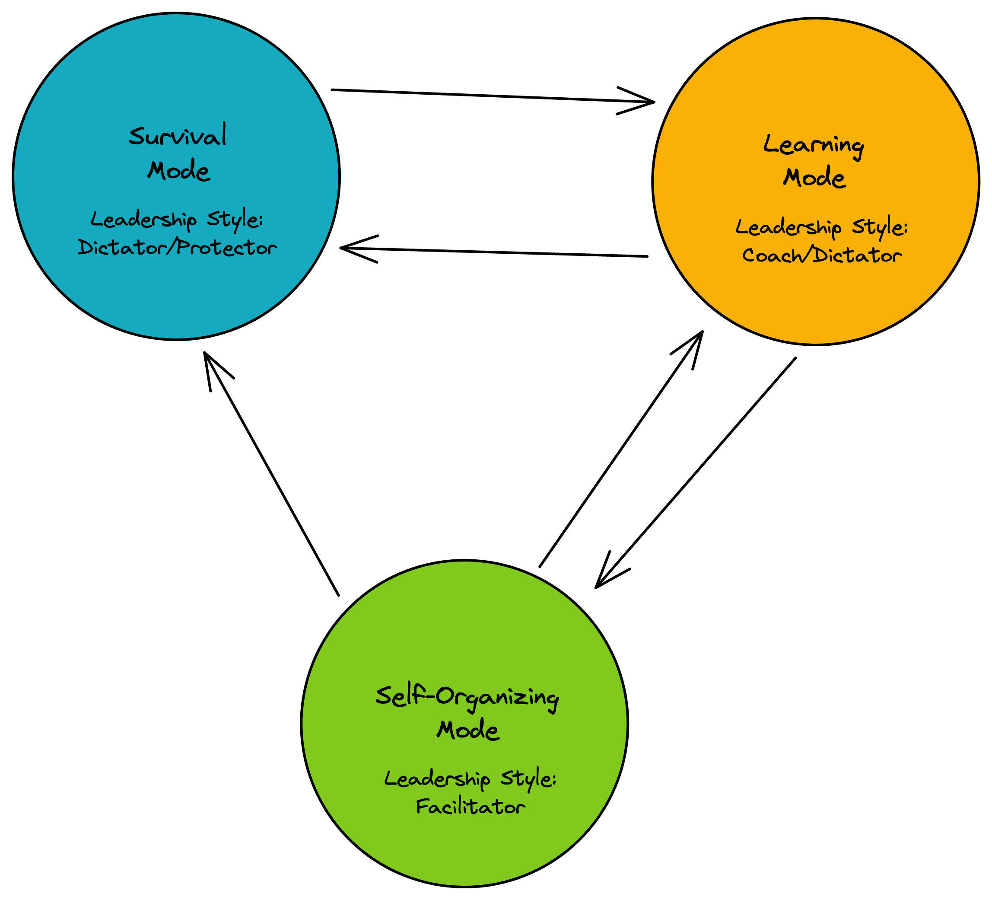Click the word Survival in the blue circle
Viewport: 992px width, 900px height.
178,135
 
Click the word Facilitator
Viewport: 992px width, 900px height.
471,807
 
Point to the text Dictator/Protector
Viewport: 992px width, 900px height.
177,247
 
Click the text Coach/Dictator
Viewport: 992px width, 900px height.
822,255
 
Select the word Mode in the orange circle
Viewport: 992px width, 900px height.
814,178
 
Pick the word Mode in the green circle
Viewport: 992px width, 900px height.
467,730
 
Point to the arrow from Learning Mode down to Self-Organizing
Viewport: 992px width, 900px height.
695,472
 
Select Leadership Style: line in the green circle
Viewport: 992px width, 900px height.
470,779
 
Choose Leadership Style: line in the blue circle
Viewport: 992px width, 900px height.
177,219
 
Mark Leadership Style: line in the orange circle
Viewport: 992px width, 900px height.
822,227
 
